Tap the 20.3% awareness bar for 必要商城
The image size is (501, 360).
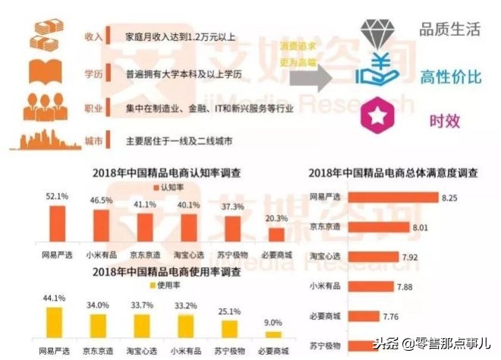[276, 235]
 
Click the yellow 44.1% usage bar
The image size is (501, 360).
[54, 322]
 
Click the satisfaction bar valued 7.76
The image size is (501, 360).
[383, 314]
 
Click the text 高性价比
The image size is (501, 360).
[447, 75]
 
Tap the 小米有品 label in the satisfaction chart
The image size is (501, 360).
[327, 286]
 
